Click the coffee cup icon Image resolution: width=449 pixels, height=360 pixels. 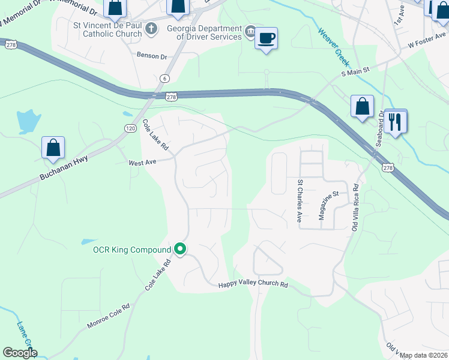(x=266, y=38)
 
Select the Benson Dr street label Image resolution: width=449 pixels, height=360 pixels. (x=152, y=56)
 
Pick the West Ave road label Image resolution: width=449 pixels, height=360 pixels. (x=142, y=162)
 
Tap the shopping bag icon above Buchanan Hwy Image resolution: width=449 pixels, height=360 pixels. (x=53, y=148)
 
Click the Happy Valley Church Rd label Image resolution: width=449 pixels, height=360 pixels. (x=253, y=285)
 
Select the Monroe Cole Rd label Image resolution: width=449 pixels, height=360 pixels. (x=109, y=316)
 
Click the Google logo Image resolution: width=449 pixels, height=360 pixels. (x=20, y=353)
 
